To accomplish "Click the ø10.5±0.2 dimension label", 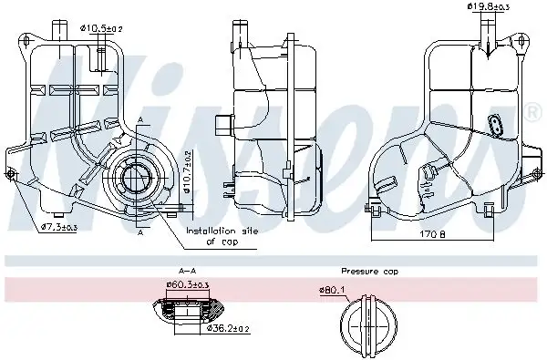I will [102, 29].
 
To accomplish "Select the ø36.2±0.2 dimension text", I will [228, 327].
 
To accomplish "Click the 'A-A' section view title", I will [188, 271].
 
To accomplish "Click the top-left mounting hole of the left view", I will [23, 39].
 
